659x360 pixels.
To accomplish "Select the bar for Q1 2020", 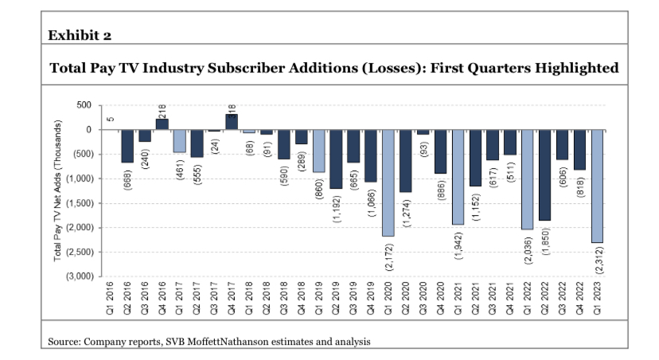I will tap(388, 182).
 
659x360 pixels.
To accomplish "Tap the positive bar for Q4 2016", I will tap(162, 123).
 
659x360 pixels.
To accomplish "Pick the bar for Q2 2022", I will tap(544, 174).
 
